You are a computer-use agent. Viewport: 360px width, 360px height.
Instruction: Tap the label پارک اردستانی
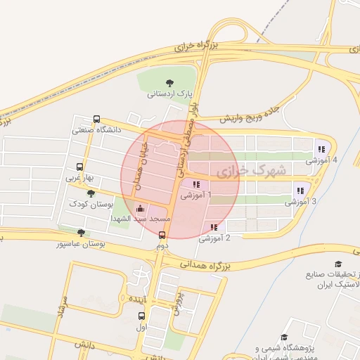coord(169,94)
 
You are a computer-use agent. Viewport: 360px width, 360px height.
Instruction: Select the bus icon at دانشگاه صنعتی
coord(96,120)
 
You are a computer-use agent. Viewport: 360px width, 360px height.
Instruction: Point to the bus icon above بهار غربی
coord(79,167)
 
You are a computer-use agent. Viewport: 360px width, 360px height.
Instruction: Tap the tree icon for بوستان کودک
coord(91,193)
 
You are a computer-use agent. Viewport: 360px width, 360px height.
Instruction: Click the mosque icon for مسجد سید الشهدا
coord(139,209)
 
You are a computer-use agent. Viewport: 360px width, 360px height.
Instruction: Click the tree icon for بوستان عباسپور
coord(82,233)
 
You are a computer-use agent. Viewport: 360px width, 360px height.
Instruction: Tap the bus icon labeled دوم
coord(162,236)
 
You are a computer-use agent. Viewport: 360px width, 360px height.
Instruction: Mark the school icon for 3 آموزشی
coord(300,191)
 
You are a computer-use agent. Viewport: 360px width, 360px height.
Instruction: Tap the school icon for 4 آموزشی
coord(321,149)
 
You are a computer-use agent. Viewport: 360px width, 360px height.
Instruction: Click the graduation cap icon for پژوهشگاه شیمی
coord(284,337)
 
